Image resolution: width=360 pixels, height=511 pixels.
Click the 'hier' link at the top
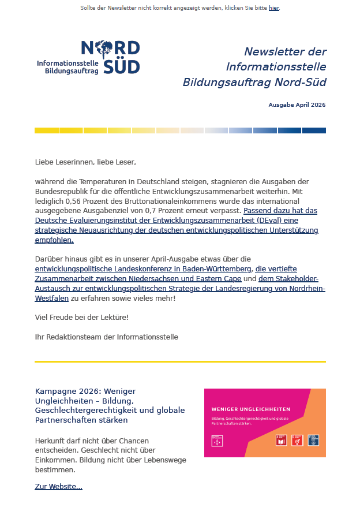click(273, 8)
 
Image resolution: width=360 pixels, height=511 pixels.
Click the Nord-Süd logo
click(110, 56)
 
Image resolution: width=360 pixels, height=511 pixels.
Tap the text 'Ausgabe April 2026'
click(297, 105)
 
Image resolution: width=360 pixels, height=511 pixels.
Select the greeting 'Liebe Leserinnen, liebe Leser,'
click(85, 162)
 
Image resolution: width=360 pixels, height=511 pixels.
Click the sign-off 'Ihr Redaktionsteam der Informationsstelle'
click(106, 337)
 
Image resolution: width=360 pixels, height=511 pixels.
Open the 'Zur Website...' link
click(58, 487)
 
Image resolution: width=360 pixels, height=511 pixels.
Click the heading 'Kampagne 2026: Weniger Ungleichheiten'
click(85, 391)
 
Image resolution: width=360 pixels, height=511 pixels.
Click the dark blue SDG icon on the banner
click(313, 440)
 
